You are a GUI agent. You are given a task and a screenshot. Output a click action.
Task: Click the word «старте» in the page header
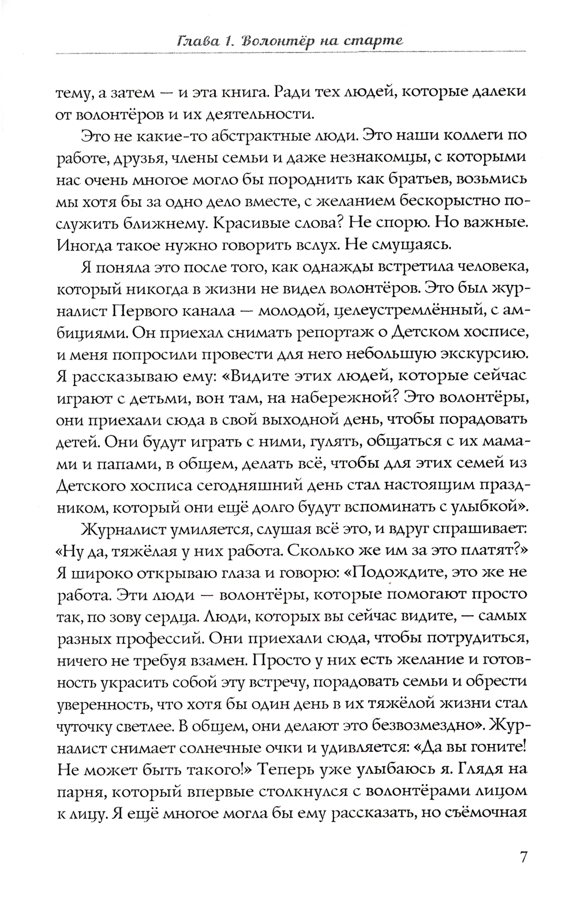coord(370,42)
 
